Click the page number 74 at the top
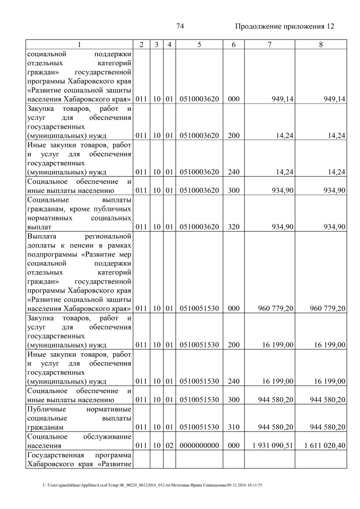tap(181, 26)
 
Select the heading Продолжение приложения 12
tap(284, 26)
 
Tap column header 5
tap(199, 44)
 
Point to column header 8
tap(321, 44)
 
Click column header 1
tap(79, 44)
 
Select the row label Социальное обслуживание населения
tap(79, 440)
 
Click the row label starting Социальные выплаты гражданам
tap(79, 213)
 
